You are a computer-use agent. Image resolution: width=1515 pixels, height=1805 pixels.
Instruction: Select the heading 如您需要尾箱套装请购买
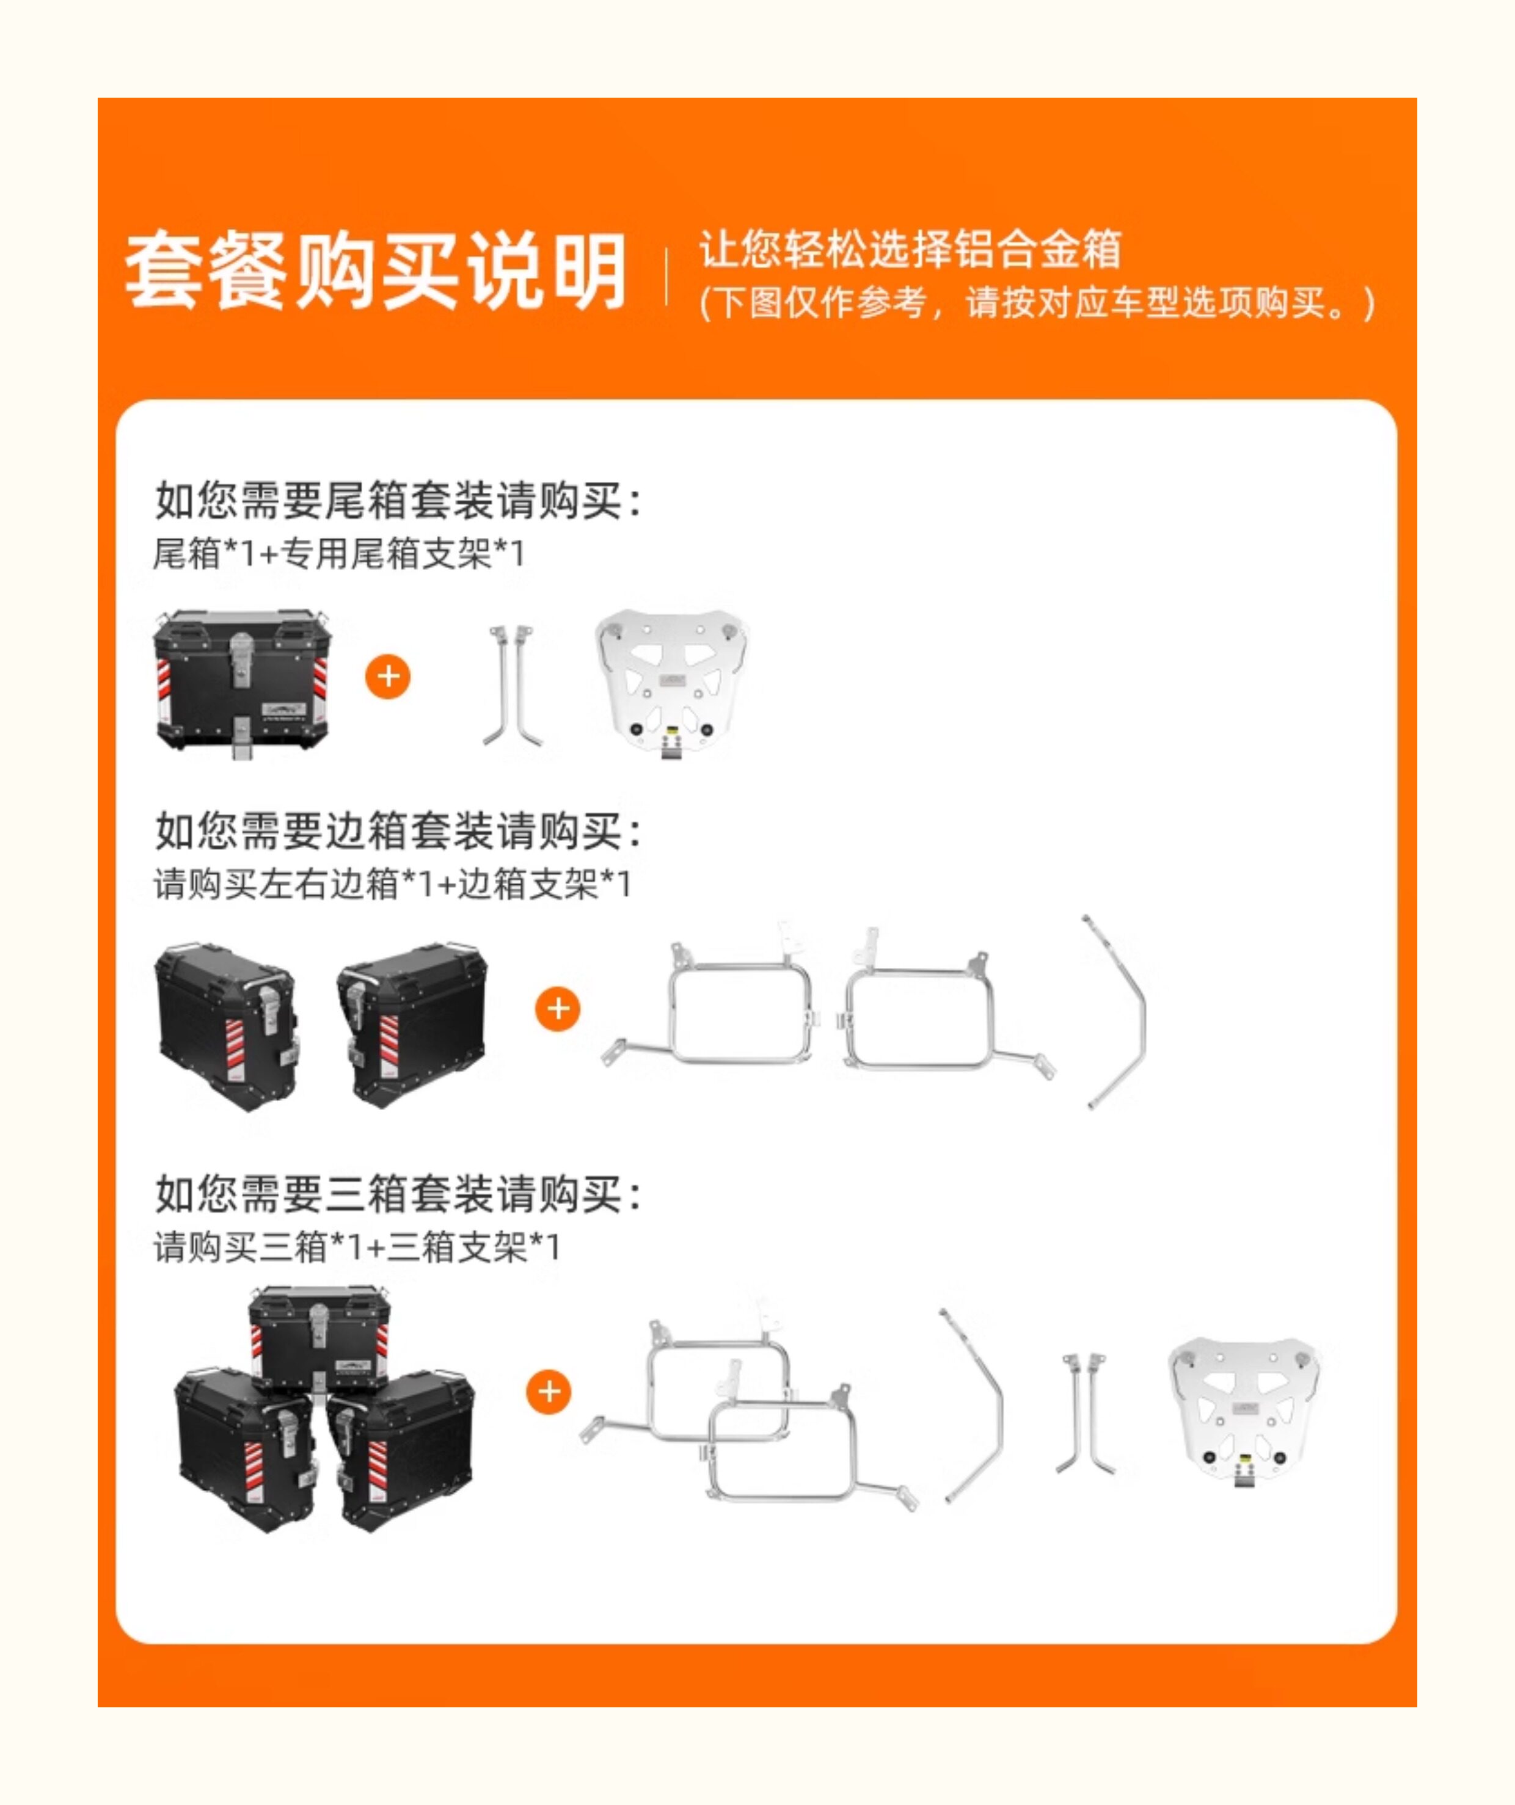tap(398, 500)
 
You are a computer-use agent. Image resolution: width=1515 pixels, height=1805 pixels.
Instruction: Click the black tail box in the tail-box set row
tap(242, 684)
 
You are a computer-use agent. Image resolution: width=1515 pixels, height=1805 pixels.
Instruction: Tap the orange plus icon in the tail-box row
tap(388, 677)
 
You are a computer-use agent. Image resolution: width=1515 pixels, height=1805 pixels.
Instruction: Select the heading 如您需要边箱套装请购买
tap(398, 831)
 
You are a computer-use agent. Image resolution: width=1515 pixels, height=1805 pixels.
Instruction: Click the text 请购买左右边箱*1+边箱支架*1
tap(392, 884)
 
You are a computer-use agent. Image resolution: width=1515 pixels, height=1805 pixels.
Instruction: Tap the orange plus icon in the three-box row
tap(549, 1392)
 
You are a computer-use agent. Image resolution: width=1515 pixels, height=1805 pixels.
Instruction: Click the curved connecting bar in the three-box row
tap(999, 1409)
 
